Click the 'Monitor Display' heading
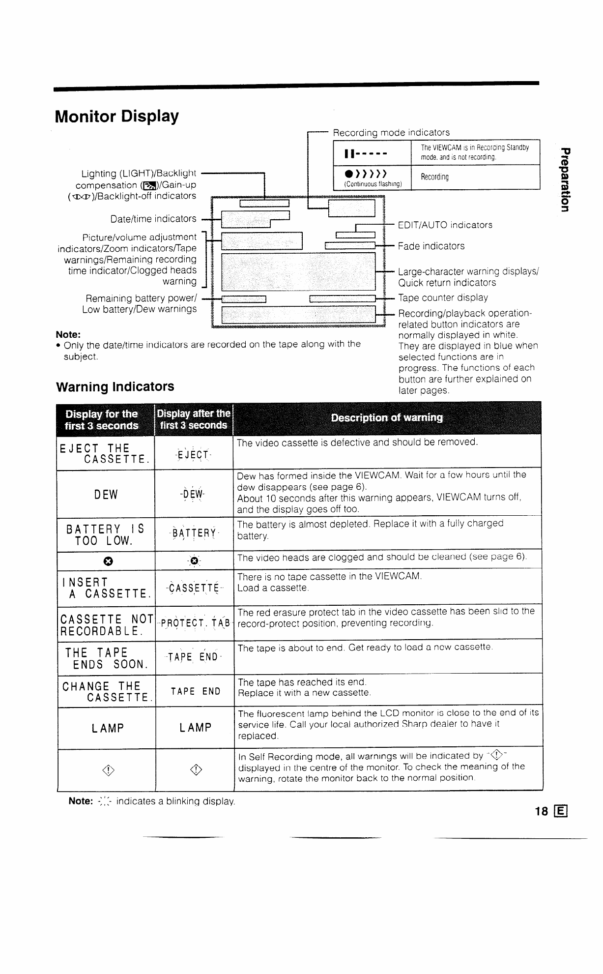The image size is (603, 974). pos(117,117)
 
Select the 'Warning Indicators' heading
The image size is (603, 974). pos(115,386)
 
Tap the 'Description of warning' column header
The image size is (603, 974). pos(387,418)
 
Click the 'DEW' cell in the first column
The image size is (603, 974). pos(106,494)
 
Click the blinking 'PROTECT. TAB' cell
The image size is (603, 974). pos(195,623)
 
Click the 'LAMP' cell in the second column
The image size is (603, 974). pos(195,728)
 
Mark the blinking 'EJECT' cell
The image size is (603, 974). pos(194,454)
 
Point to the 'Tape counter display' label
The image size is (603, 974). pos(443,298)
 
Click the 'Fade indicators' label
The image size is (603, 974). pos(431,246)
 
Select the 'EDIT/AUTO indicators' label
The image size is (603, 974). pos(445,225)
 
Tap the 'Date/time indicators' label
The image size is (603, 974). pos(153,218)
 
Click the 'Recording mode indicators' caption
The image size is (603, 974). pos(391,132)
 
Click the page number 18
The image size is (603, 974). pos(542,811)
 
